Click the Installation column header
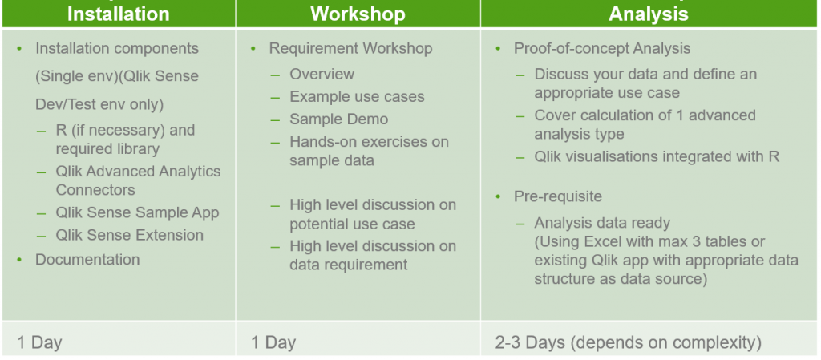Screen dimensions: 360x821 click(118, 14)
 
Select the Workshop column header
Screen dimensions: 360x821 click(358, 14)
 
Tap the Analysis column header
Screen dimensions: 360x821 click(648, 14)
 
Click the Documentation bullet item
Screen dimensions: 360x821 click(87, 260)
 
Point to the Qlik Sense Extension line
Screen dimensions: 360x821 click(129, 236)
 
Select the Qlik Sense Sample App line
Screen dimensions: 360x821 click(137, 213)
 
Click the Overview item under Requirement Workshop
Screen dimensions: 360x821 click(322, 75)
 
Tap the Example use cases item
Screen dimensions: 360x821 click(357, 97)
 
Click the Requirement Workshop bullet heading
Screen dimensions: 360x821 click(350, 49)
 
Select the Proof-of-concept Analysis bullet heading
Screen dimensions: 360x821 click(601, 49)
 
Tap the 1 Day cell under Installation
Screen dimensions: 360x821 click(39, 343)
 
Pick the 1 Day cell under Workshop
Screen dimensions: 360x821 click(273, 343)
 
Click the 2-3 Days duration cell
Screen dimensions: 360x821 click(628, 343)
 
